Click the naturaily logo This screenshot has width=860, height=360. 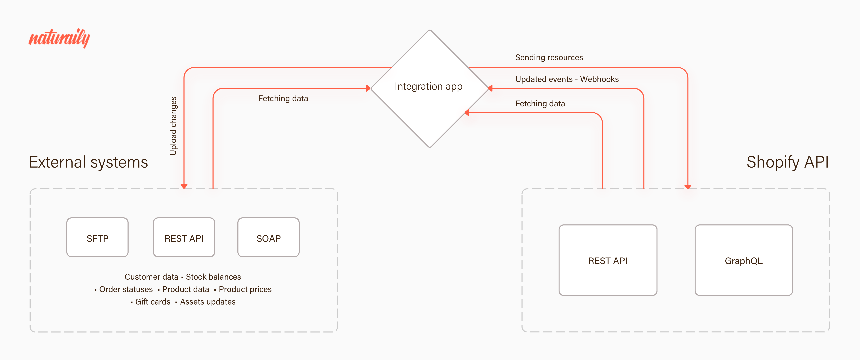pyautogui.click(x=59, y=38)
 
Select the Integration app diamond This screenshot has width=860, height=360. pyautogui.click(x=430, y=89)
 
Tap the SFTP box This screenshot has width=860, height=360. pyautogui.click(x=97, y=237)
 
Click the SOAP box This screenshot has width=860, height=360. pyautogui.click(x=268, y=237)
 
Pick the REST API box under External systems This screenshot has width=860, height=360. pyautogui.click(x=184, y=237)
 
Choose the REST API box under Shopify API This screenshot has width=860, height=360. pyautogui.click(x=608, y=260)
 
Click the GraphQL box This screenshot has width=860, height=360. pyautogui.click(x=744, y=260)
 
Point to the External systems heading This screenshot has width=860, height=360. pyautogui.click(x=88, y=162)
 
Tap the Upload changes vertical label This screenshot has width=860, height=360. pyautogui.click(x=173, y=126)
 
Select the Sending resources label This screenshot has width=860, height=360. pyautogui.click(x=549, y=57)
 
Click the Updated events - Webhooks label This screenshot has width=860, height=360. pyautogui.click(x=567, y=79)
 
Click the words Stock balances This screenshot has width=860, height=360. pyautogui.click(x=213, y=277)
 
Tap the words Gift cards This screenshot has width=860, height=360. pyautogui.click(x=153, y=302)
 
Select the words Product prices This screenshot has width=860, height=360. pyautogui.click(x=245, y=289)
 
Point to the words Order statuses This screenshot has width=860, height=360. pyautogui.click(x=126, y=289)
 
